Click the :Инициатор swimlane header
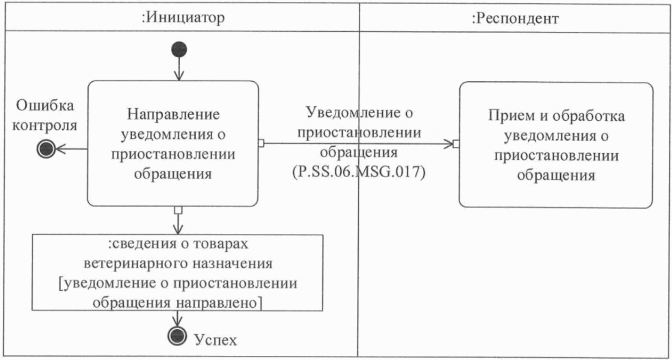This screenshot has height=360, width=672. [x=183, y=18]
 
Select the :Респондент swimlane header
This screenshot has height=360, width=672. [x=515, y=18]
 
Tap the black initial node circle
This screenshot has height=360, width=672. [x=179, y=49]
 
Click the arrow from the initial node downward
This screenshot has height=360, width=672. [x=179, y=68]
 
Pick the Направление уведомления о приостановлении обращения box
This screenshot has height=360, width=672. [x=173, y=144]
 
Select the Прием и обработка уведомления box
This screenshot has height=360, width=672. [x=556, y=145]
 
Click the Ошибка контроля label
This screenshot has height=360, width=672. [x=45, y=115]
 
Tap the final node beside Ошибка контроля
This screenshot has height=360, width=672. [x=46, y=149]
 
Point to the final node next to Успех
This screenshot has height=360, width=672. [x=177, y=336]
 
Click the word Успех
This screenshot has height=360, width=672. [x=215, y=340]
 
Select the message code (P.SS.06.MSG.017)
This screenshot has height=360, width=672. [x=359, y=172]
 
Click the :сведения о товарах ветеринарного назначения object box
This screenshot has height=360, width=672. [x=177, y=273]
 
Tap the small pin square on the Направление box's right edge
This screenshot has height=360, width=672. [x=261, y=143]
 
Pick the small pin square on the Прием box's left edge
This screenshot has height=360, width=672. [x=456, y=144]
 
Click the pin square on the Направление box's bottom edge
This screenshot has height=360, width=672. [x=178, y=210]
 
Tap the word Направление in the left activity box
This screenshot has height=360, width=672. [x=173, y=114]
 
